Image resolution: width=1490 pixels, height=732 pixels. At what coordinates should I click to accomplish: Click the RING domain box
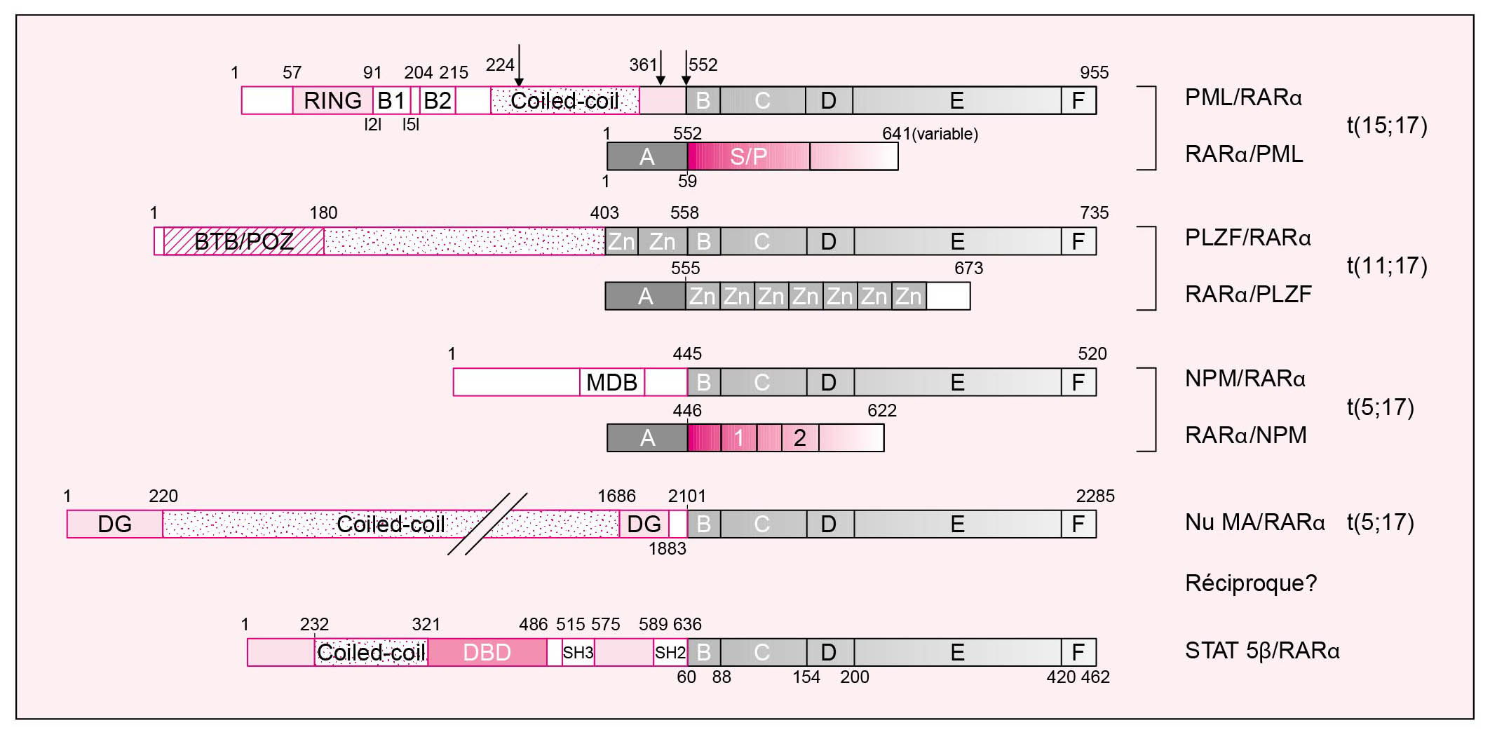(x=332, y=100)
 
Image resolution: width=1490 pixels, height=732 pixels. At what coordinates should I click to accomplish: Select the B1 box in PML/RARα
(x=392, y=100)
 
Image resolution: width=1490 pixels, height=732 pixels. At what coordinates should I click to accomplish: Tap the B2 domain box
(x=438, y=100)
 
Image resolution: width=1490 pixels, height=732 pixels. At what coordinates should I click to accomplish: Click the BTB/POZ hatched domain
(x=244, y=241)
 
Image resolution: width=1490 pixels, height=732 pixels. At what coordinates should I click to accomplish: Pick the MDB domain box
(x=612, y=382)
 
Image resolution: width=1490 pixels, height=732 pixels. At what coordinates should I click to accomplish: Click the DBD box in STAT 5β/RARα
(x=487, y=652)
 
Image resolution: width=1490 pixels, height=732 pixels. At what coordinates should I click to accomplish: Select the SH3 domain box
(x=578, y=652)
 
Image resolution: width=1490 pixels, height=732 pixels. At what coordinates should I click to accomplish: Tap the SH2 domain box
(x=670, y=652)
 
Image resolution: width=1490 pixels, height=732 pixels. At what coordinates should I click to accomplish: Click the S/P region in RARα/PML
(x=749, y=156)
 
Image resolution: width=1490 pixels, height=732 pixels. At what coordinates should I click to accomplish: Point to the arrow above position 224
(x=519, y=66)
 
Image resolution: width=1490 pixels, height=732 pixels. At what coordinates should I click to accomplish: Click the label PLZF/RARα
(x=1248, y=238)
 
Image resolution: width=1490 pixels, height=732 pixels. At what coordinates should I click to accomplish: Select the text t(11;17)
(x=1387, y=266)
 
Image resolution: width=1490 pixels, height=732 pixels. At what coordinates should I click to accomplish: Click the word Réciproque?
(x=1251, y=583)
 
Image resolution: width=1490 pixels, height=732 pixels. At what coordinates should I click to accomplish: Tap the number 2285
(x=1095, y=496)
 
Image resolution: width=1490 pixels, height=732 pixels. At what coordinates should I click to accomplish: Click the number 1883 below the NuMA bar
(x=668, y=548)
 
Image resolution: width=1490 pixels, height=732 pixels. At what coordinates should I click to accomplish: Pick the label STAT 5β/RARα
(x=1262, y=651)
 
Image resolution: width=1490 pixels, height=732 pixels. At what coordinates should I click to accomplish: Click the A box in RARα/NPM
(x=647, y=438)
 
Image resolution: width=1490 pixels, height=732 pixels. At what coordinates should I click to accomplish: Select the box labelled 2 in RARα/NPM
(x=800, y=438)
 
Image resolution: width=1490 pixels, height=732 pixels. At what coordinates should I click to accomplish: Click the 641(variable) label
(x=930, y=133)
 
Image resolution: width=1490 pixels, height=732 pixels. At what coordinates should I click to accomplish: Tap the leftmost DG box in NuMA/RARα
(x=115, y=524)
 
